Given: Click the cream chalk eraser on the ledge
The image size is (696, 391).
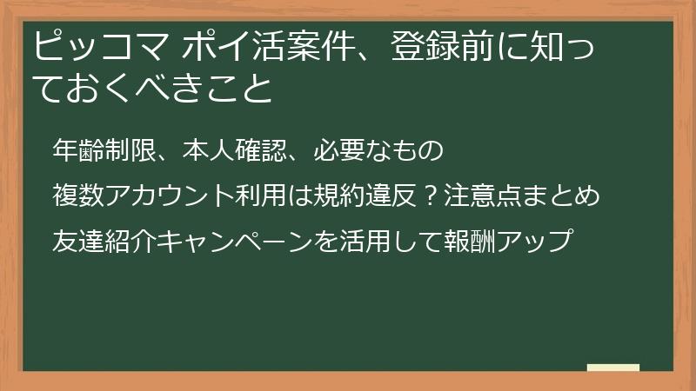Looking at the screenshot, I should (612, 368).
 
